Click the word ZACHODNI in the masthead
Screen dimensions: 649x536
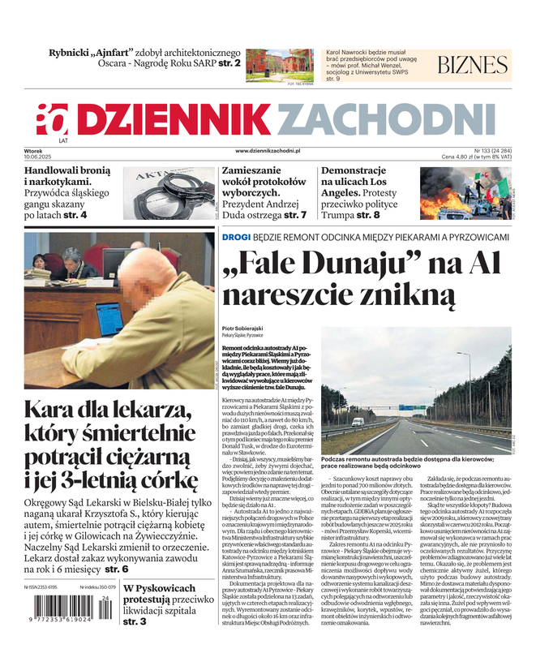coord(386,122)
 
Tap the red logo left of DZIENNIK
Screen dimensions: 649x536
coord(52,120)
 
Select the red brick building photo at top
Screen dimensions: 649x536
coord(279,64)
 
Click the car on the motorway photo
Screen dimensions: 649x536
coord(358,422)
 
